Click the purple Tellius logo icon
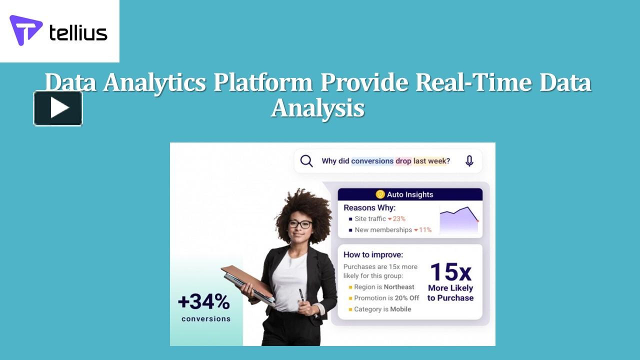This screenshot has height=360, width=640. click(x=25, y=30)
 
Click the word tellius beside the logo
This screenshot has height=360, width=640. click(x=78, y=33)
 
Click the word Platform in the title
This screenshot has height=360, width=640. click(x=263, y=82)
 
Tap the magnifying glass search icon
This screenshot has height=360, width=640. click(x=306, y=161)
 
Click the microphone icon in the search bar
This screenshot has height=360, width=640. click(x=469, y=161)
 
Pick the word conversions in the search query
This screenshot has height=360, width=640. click(x=372, y=161)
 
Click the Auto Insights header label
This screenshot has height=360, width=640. click(x=410, y=194)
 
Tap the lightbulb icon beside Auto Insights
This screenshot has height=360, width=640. click(x=380, y=194)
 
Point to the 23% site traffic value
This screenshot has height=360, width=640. click(x=398, y=218)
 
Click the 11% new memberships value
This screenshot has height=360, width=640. click(x=424, y=230)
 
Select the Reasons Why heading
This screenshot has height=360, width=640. click(x=369, y=207)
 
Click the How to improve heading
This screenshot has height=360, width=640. click(x=373, y=254)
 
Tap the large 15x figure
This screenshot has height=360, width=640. click(x=450, y=272)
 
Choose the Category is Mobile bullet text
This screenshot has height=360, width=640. click(x=382, y=309)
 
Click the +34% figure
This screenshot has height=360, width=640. click(x=204, y=302)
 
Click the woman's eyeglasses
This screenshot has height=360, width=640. click(x=300, y=224)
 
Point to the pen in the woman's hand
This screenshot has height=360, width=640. click(x=301, y=295)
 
